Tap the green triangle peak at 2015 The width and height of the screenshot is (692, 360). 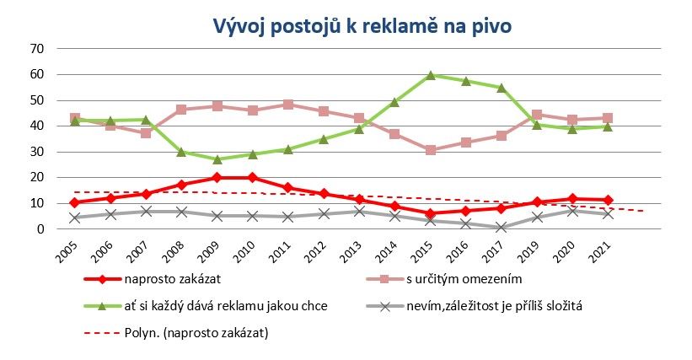click(431, 75)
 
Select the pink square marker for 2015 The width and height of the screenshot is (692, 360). click(431, 150)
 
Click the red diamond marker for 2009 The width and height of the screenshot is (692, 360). click(217, 178)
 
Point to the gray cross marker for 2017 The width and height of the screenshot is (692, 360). click(502, 227)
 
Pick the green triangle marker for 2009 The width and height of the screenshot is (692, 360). click(217, 159)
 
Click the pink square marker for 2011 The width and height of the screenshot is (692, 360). click(288, 105)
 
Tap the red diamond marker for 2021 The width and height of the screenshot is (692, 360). click(608, 200)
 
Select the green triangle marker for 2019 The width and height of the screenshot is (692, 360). click(537, 125)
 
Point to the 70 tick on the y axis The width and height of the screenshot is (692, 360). click(37, 49)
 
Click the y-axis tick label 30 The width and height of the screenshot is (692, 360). click(37, 152)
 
